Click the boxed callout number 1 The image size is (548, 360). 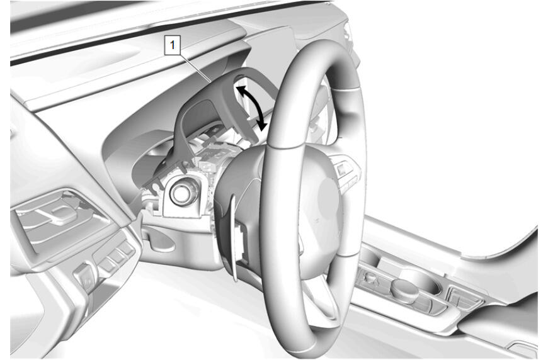click(x=172, y=46)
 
